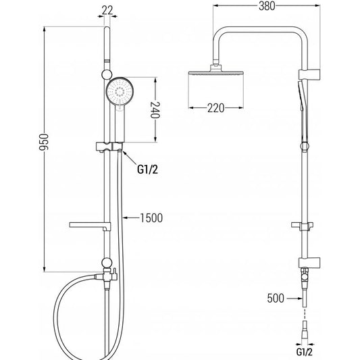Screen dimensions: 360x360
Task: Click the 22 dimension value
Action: tap(107, 11)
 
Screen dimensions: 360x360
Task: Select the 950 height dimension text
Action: tap(44, 143)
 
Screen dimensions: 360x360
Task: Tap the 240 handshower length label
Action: tap(155, 109)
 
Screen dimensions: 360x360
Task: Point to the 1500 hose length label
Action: tap(151, 218)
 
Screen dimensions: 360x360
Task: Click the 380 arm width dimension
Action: tap(267, 6)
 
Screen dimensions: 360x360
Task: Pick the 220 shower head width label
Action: tap(216, 108)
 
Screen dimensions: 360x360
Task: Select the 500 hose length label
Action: tap(276, 299)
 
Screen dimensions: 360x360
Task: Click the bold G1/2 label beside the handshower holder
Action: tap(148, 170)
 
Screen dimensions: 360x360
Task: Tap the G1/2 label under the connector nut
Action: tap(305, 352)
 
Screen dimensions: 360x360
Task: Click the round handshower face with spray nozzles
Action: tap(120, 91)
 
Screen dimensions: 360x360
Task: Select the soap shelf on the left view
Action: tap(90, 225)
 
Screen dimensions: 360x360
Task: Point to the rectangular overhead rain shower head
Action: tap(216, 73)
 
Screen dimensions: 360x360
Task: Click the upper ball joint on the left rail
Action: tap(107, 74)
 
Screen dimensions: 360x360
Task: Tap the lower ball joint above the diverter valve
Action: tap(107, 263)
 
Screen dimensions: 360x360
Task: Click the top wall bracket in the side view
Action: tap(309, 74)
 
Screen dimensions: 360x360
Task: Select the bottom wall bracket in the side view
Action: tap(309, 263)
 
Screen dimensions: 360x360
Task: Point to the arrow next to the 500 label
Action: tap(294, 299)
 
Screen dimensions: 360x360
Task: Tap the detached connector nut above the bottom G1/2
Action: tap(305, 327)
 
